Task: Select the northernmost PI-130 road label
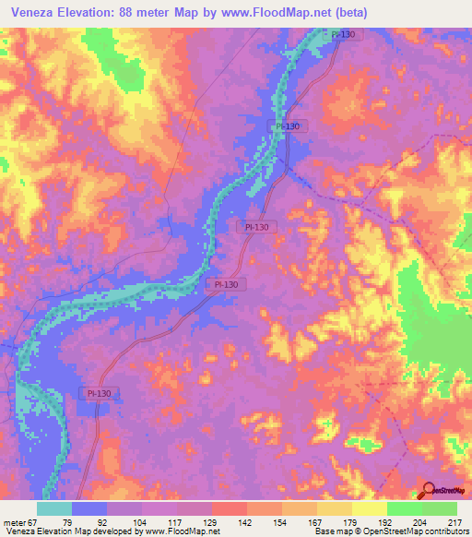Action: [341, 34]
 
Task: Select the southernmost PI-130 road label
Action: [99, 393]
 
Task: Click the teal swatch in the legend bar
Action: [53, 509]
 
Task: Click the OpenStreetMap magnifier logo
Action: [429, 490]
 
